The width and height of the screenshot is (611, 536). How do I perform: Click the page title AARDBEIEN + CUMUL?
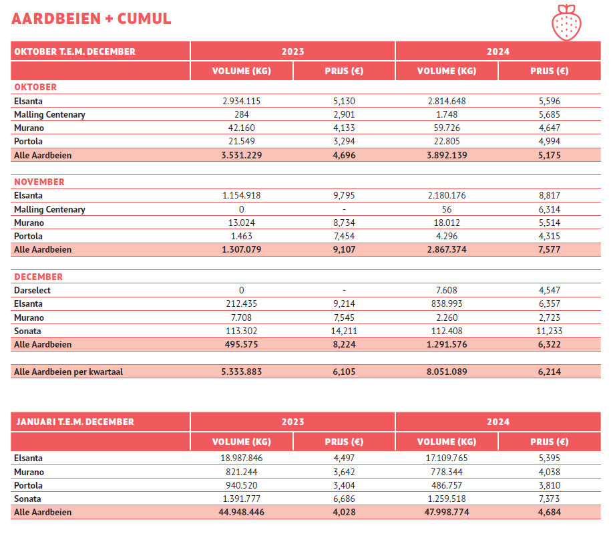pyautogui.click(x=91, y=19)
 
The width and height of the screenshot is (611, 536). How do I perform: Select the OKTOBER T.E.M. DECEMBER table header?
pyautogui.click(x=75, y=51)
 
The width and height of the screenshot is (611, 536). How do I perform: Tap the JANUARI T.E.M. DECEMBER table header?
pyautogui.click(x=75, y=422)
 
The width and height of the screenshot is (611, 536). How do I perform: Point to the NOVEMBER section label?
pyautogui.click(x=39, y=182)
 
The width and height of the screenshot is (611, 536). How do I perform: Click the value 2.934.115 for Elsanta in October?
pyautogui.click(x=241, y=101)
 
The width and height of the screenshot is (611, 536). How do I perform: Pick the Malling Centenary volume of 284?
pyautogui.click(x=241, y=114)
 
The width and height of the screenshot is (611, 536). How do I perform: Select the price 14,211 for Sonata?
pyautogui.click(x=344, y=331)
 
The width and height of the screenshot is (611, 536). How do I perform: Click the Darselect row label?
pyautogui.click(x=32, y=290)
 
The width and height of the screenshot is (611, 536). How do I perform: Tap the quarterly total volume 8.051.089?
pyautogui.click(x=446, y=372)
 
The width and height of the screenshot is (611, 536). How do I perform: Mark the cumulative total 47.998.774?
pyautogui.click(x=446, y=512)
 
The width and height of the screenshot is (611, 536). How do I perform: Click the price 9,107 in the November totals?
pyautogui.click(x=344, y=249)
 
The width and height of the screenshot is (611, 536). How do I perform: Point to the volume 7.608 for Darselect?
pyautogui.click(x=446, y=290)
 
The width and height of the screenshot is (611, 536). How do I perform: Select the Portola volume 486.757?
pyautogui.click(x=446, y=485)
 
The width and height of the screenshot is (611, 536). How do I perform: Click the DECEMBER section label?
pyautogui.click(x=39, y=277)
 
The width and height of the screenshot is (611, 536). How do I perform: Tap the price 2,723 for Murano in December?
pyautogui.click(x=549, y=317)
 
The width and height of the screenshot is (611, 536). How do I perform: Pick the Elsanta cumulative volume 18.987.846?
pyautogui.click(x=241, y=458)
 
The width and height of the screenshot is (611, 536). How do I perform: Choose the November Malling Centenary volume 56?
pyautogui.click(x=446, y=209)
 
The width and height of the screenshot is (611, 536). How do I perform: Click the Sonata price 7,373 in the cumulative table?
pyautogui.click(x=549, y=499)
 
